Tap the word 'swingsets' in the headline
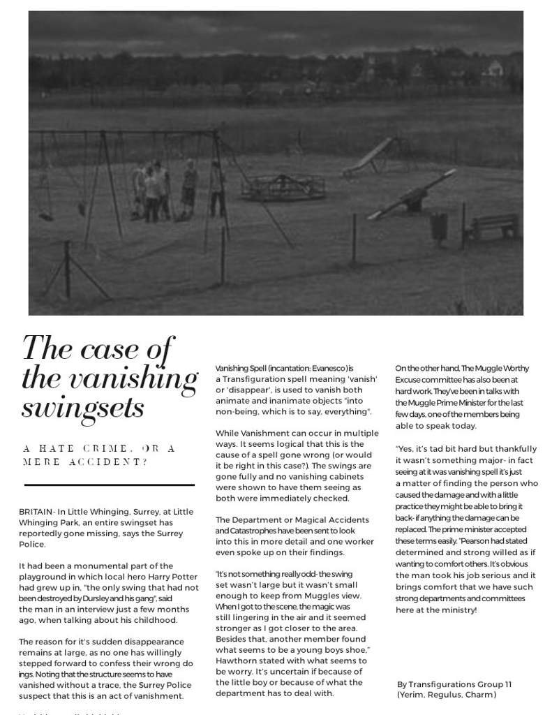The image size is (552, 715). [83, 407]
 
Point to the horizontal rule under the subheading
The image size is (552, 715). [109, 485]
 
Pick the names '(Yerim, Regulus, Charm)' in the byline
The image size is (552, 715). [447, 695]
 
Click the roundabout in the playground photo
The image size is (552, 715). [284, 186]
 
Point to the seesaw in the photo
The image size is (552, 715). [408, 200]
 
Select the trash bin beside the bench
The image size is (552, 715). [438, 226]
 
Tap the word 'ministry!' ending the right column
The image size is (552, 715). [457, 610]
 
